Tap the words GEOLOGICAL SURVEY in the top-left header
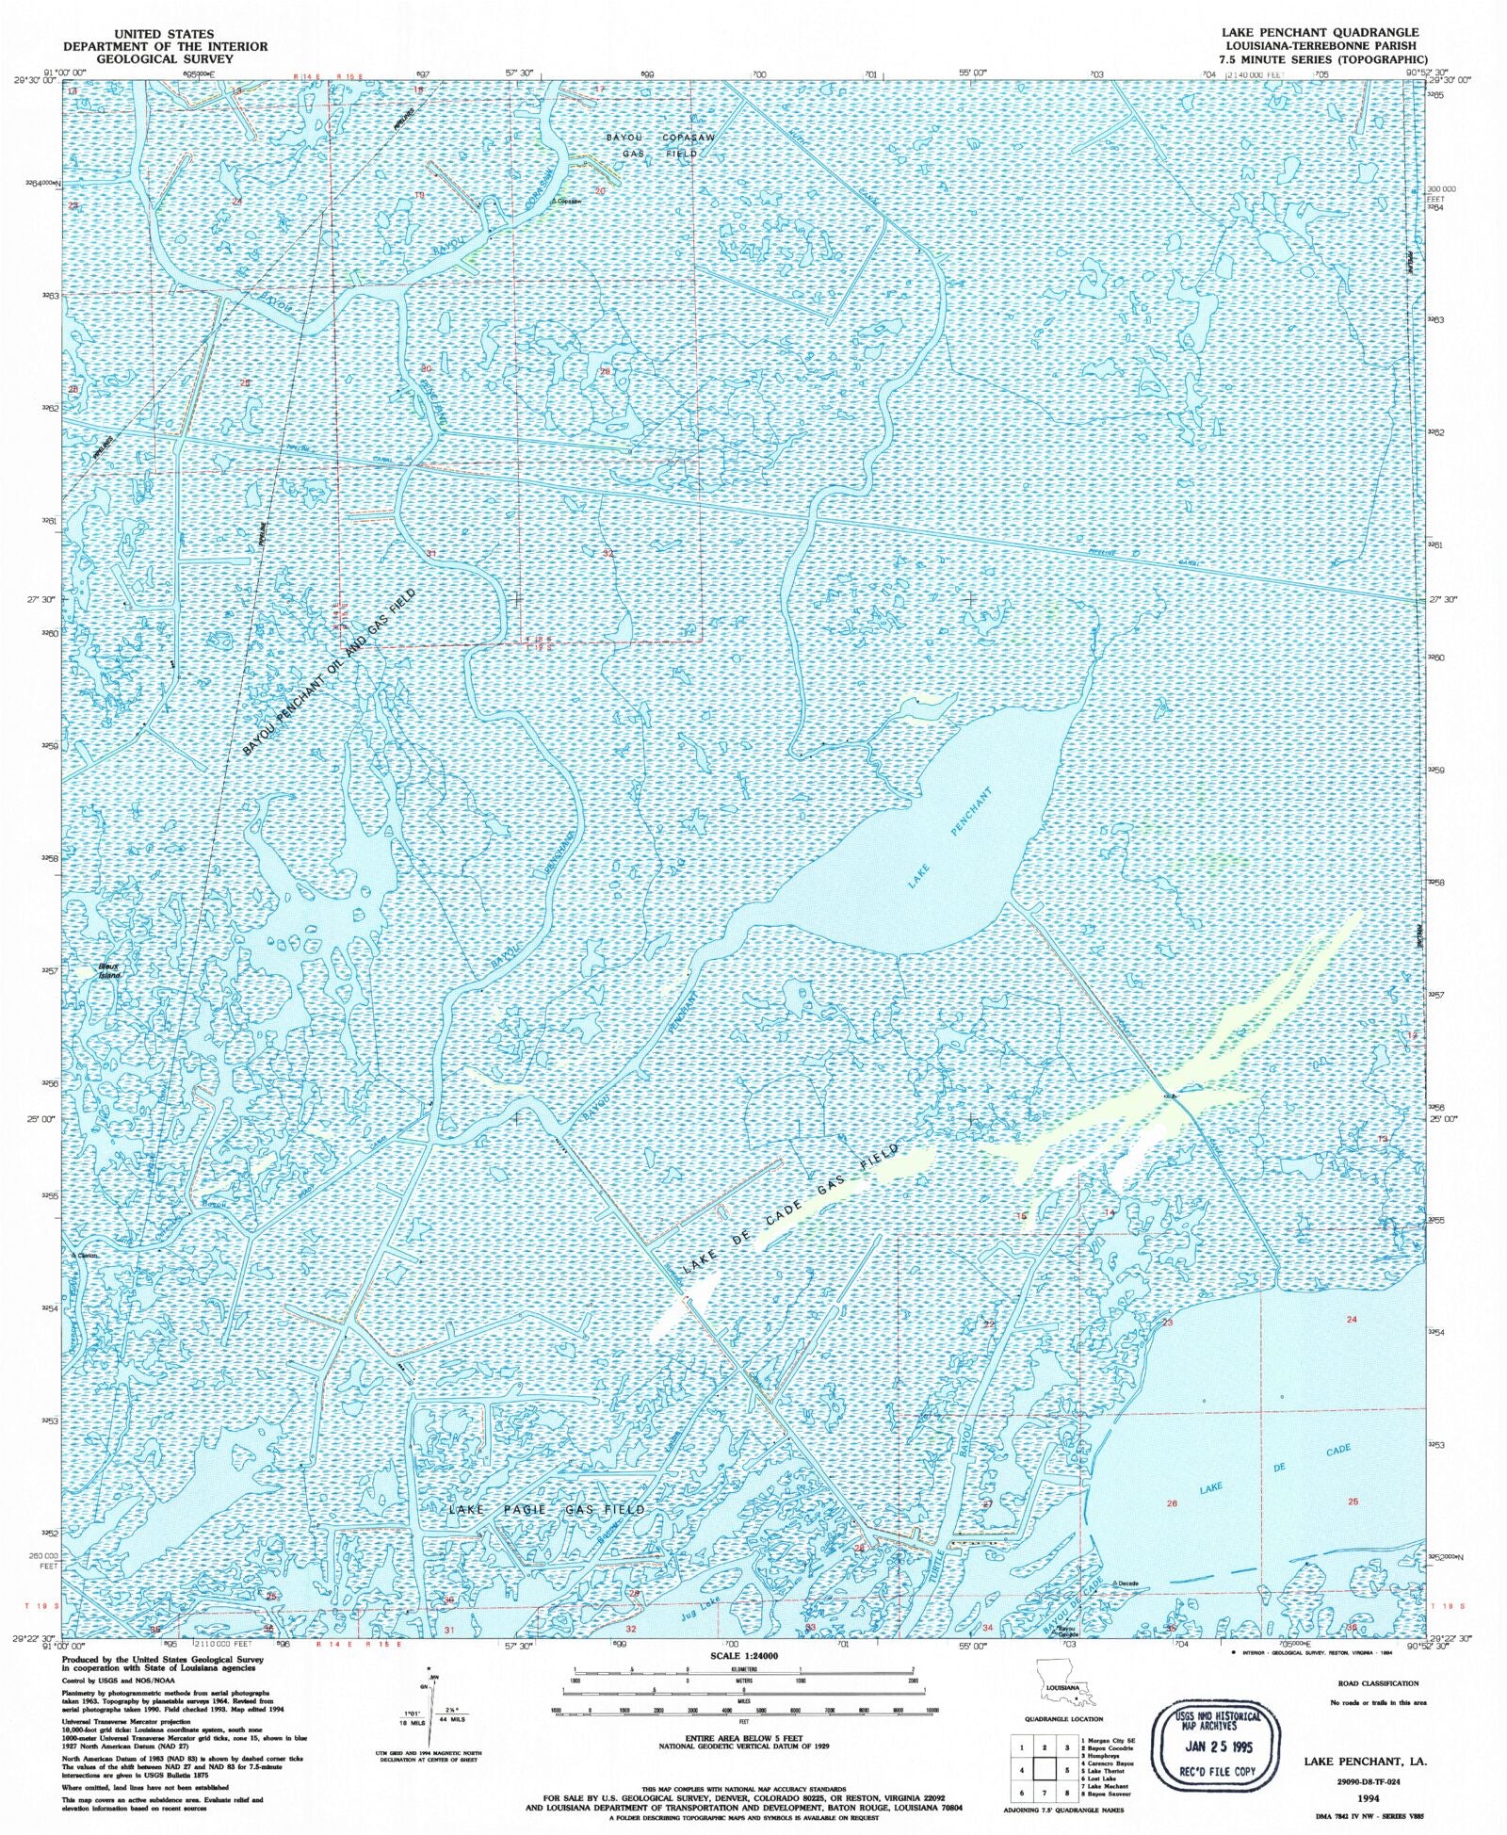pos(165,58)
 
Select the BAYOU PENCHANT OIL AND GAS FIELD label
pos(329,672)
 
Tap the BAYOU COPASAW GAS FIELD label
pos(660,145)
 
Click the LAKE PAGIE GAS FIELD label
pos(547,1509)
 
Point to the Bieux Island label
pos(110,971)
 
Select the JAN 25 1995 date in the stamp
pos(1218,1746)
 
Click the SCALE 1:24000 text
pos(744,1655)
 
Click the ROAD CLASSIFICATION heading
pos(1378,1682)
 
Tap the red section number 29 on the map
pos(606,371)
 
